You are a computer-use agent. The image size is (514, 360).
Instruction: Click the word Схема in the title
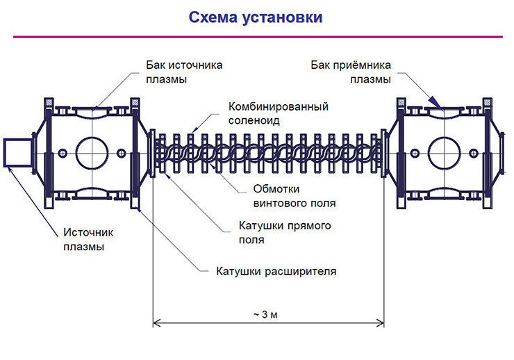tap(215, 17)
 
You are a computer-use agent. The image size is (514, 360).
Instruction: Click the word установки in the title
tap(285, 17)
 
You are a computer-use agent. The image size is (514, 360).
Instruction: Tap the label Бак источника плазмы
tap(183, 72)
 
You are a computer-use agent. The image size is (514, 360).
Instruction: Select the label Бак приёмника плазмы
tap(350, 72)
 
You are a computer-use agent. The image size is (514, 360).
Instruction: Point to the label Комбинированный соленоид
tap(278, 113)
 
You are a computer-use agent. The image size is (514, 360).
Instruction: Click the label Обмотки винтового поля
tap(295, 197)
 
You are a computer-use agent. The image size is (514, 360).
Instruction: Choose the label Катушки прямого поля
tap(284, 233)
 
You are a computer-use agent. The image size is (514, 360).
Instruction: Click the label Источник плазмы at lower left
tap(88, 240)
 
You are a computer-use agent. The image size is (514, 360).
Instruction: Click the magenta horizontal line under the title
tap(257, 36)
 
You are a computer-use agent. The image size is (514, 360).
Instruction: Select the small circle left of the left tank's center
tap(63, 153)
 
